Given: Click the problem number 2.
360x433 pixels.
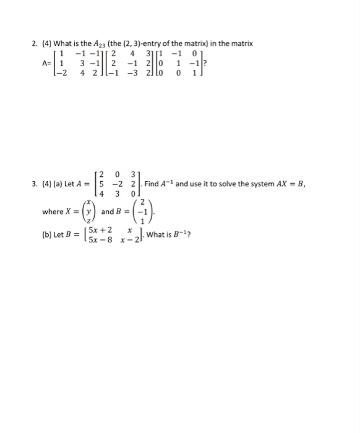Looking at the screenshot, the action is point(35,43).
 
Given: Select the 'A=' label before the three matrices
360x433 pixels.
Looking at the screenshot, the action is point(46,63).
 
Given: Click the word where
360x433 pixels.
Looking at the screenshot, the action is point(53,212).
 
